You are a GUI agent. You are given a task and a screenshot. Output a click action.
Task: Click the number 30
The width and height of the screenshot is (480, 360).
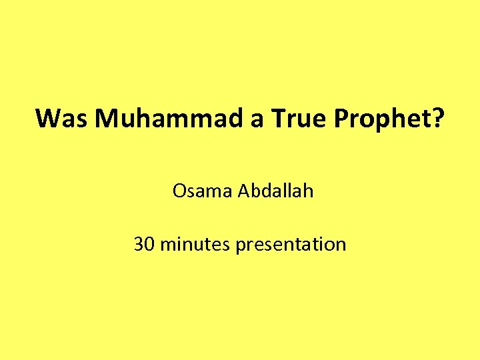tap(145, 244)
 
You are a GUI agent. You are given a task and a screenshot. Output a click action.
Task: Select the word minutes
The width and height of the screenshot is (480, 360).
tap(194, 245)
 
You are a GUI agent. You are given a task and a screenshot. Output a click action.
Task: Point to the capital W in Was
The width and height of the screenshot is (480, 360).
tap(49, 118)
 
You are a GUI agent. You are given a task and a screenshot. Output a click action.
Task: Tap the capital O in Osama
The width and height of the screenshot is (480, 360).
tap(179, 191)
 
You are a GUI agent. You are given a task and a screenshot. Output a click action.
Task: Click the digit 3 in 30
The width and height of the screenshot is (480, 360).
tap(139, 244)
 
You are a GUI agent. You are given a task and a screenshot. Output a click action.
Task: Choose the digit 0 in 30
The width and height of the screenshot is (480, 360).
tap(150, 244)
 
